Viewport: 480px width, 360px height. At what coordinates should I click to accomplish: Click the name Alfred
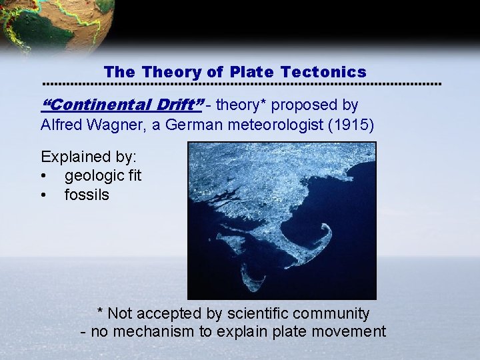[x=61, y=124]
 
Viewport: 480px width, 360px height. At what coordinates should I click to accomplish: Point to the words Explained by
[x=89, y=157]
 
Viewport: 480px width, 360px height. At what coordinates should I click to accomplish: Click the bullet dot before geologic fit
[x=43, y=177]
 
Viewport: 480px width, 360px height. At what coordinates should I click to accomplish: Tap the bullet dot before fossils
[x=43, y=195]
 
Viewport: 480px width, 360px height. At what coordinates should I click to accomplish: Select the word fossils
[x=87, y=195]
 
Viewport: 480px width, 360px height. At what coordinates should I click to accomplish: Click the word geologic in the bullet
[x=93, y=177]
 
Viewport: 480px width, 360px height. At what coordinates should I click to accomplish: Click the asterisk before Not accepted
[x=100, y=312]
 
